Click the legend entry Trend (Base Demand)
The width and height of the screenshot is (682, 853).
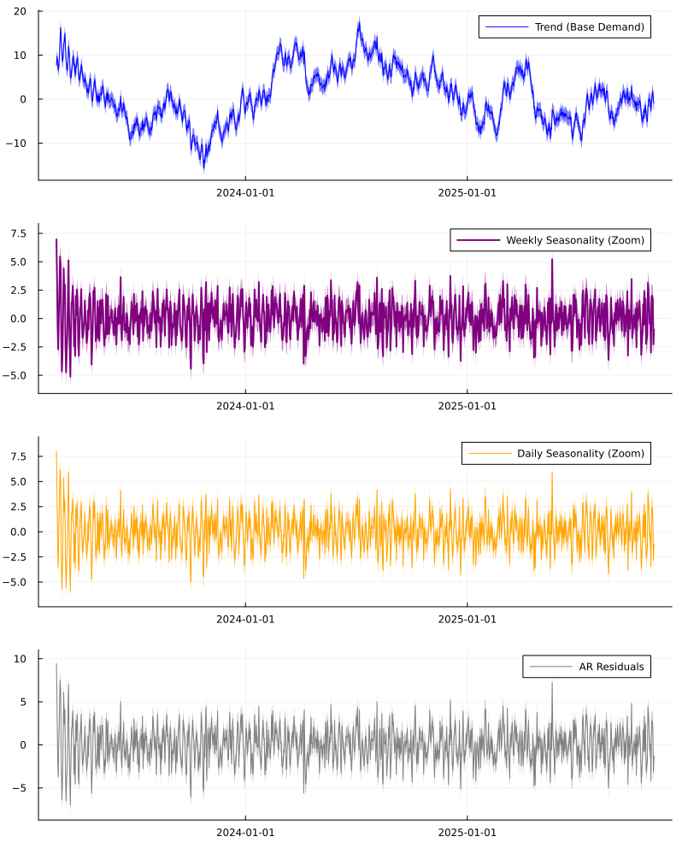tap(589, 27)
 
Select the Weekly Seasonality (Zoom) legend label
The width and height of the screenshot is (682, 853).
tap(574, 240)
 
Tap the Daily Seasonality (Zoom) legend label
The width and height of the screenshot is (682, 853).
tap(580, 453)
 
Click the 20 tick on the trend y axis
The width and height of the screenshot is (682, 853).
tap(20, 11)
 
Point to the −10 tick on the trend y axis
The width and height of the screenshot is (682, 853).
tap(16, 143)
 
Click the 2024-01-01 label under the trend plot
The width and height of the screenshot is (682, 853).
tap(245, 192)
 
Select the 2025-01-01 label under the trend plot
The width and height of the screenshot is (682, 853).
tap(467, 192)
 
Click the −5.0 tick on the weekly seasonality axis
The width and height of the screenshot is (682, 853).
tap(17, 375)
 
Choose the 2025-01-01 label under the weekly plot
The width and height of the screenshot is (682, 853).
tap(467, 405)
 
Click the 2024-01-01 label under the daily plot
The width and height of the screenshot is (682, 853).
tap(245, 618)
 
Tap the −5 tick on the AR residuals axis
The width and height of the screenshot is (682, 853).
tap(20, 788)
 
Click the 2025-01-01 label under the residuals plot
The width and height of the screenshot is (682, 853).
tap(467, 831)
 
